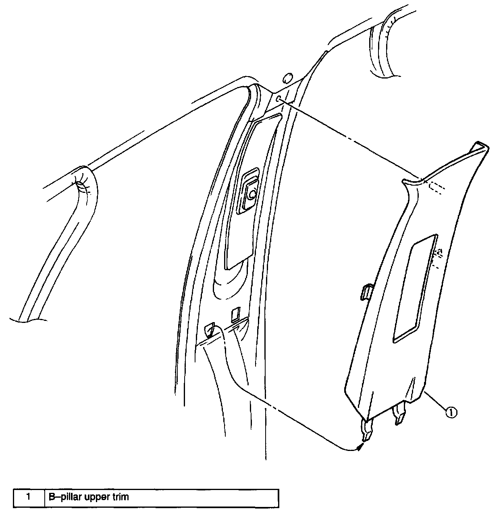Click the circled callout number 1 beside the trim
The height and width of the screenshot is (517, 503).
coord(451,412)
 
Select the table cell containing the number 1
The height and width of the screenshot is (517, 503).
coord(28,497)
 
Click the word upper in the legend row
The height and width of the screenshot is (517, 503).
coord(96,498)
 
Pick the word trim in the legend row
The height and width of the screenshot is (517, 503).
coord(121,497)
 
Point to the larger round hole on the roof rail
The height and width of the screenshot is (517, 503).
coord(288,78)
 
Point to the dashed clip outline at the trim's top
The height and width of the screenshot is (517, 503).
coord(434,188)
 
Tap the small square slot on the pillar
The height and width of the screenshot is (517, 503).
coord(235,315)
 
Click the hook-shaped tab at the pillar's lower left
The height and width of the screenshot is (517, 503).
coord(210,329)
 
